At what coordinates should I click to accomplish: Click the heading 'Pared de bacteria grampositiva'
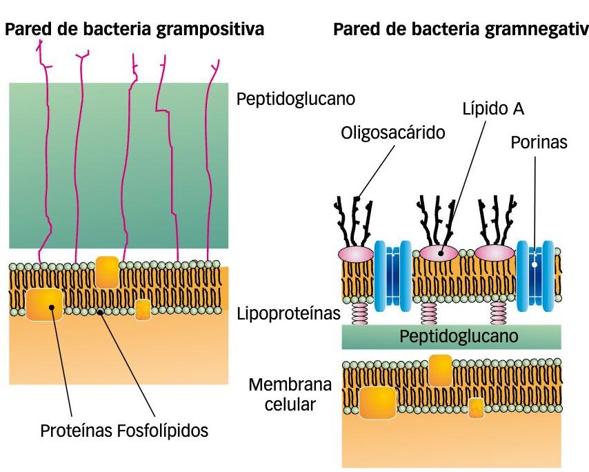135,31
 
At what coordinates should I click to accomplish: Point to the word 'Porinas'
539,143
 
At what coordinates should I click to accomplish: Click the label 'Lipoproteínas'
288,314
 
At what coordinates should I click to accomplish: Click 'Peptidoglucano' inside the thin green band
451,337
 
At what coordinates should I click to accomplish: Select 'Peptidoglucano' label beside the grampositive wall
296,99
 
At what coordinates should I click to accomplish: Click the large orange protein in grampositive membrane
45,304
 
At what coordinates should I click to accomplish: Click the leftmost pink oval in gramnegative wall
355,253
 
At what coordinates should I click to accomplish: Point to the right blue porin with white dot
536,275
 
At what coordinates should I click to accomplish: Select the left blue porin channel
392,275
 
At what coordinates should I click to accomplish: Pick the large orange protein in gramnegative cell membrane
377,403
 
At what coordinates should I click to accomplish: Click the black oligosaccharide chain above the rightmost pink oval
497,219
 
